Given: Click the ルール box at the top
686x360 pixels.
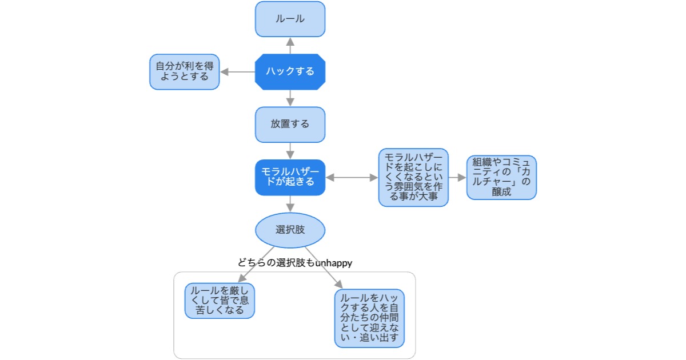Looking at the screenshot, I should pos(290,19).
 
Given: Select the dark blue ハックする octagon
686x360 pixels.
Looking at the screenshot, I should pos(290,72).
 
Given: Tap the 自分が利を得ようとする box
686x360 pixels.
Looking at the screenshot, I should pos(185,72).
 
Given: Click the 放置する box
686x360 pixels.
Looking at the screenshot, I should pos(290,125).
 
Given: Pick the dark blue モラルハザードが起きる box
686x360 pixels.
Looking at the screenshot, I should pos(290,177).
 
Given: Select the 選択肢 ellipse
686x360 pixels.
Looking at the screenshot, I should pos(290,230).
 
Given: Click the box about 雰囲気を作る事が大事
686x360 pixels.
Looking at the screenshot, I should pos(413,177).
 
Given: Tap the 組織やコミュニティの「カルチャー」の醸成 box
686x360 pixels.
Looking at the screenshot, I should pos(501,177).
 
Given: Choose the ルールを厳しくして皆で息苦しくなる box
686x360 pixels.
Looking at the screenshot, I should pos(220,301).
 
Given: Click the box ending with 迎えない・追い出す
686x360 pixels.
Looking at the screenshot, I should pos(369,318).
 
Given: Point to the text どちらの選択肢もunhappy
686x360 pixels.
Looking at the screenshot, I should pos(294,263).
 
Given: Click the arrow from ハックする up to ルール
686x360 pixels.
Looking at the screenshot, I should pos(290,46).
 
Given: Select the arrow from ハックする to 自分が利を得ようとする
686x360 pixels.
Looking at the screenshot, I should pos(237,72).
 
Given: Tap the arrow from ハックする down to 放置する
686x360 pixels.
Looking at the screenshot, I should pos(290,98).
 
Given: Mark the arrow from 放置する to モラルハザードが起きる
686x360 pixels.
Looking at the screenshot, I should pos(290,151).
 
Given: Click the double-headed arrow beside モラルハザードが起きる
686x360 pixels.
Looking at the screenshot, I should pos(352,178).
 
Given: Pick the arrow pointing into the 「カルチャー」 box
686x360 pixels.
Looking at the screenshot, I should pos(457,178).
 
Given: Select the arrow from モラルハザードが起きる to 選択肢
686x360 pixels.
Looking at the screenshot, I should pos(290,203).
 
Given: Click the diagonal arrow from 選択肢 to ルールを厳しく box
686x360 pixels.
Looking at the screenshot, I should pos(256,265).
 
